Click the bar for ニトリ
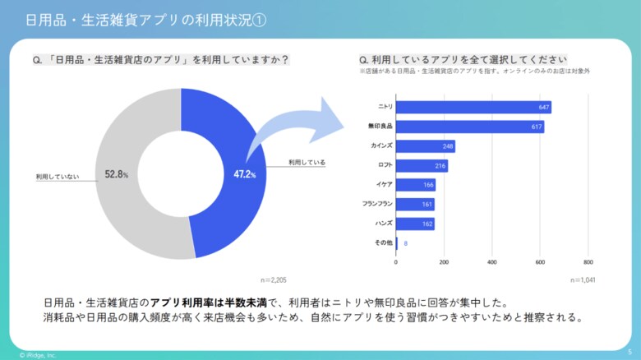click(473, 108)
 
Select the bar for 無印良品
click(470, 127)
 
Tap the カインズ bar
click(426, 146)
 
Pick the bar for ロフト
click(422, 166)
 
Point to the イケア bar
click(416, 185)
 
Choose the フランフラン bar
click(415, 204)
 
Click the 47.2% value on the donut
click(245, 174)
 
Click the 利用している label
click(307, 163)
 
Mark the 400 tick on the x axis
click(492, 263)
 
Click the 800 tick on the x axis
click(588, 263)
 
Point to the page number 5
click(629, 352)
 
